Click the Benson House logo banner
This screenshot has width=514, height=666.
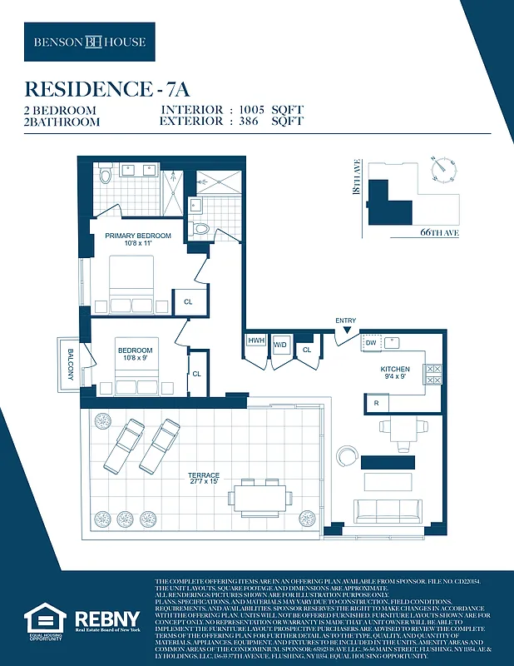coord(90,42)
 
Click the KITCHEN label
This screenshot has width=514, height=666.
coord(395,370)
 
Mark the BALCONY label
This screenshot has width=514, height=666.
coord(69,365)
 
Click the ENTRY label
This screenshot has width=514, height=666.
coord(345,321)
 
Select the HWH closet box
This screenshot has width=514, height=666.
coord(255,341)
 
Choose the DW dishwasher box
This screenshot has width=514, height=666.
coord(371,342)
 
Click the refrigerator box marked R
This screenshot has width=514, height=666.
coord(376,404)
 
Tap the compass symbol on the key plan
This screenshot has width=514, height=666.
coord(444,166)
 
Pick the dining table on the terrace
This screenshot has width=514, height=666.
coord(261,498)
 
